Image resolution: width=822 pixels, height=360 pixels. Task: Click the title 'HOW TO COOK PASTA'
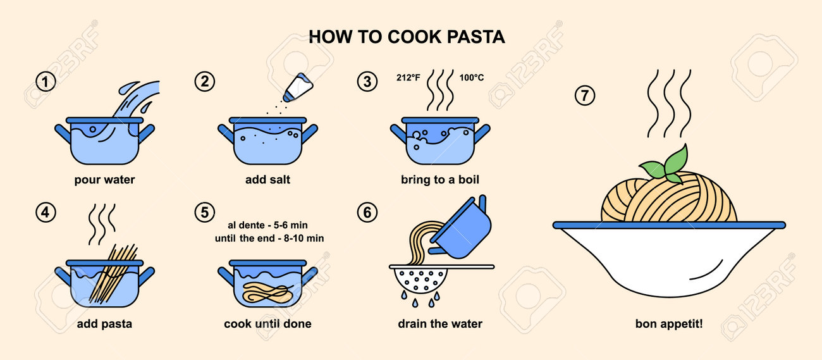[407, 37]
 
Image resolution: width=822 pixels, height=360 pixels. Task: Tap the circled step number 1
[46, 82]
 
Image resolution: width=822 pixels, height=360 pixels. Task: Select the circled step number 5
[204, 213]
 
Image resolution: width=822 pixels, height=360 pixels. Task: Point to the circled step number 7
[585, 95]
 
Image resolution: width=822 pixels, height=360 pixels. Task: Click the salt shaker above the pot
[298, 87]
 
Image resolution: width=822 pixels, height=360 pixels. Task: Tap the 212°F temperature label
[408, 78]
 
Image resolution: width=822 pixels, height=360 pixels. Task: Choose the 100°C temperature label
[472, 78]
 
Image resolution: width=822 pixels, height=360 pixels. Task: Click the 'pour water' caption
[104, 180]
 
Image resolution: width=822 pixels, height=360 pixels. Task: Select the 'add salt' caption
[267, 179]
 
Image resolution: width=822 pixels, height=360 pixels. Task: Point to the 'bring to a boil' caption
[440, 180]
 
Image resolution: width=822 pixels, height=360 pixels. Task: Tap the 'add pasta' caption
[104, 324]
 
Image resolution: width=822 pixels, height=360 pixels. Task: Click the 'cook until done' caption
[267, 324]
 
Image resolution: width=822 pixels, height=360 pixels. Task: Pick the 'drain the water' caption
[440, 324]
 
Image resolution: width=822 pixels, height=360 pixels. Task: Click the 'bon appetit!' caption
[669, 324]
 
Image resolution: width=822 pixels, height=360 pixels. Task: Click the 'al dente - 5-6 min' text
[267, 225]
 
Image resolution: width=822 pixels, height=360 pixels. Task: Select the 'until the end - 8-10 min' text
[269, 239]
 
